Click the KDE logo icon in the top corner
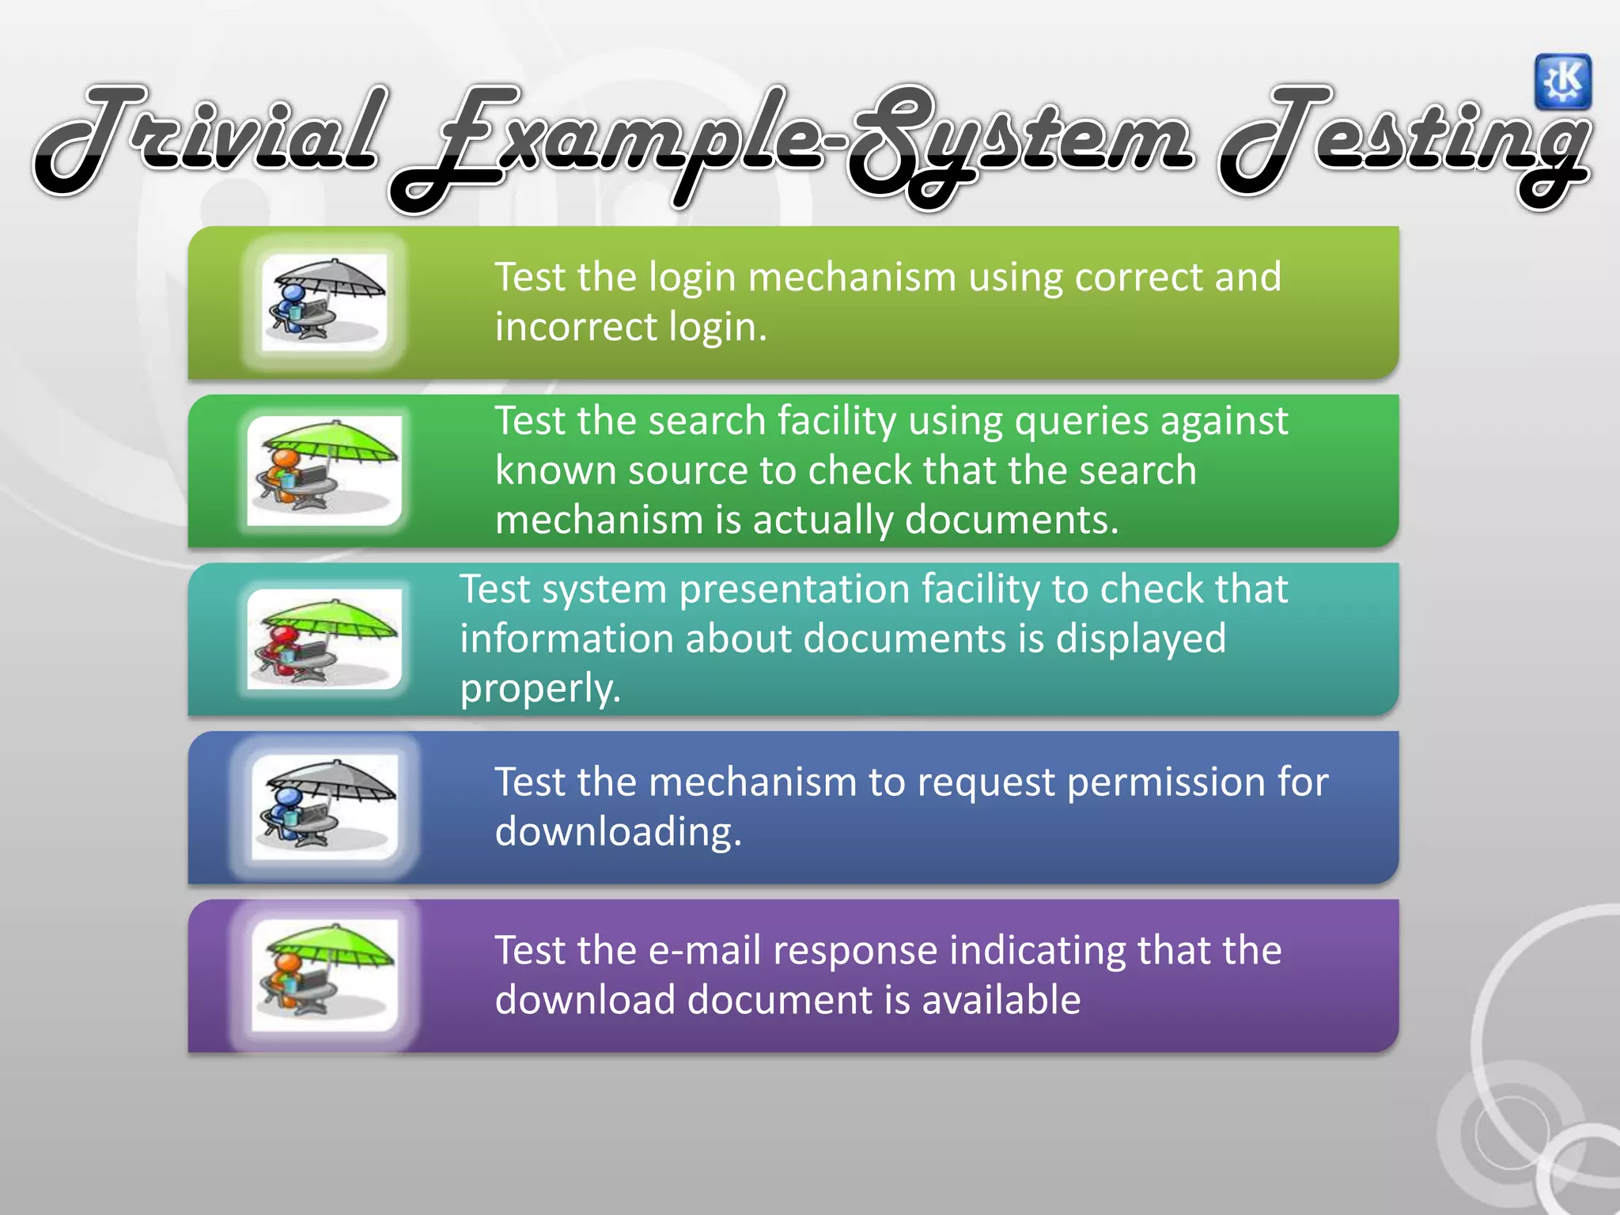coord(1562,81)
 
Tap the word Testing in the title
coord(1404,142)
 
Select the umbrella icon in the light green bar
coord(324,301)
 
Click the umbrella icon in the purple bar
coord(324,975)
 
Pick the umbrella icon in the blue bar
coord(324,806)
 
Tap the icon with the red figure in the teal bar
coord(324,639)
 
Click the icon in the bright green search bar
coord(324,471)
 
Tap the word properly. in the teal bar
coord(540,689)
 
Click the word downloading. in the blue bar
coord(618,832)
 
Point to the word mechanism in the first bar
coord(851,278)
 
